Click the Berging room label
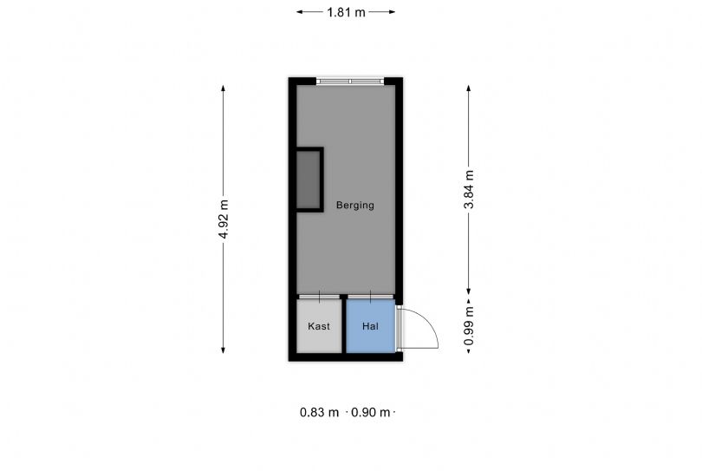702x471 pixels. tap(355, 206)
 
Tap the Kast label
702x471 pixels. tap(319, 326)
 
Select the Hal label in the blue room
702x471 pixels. tap(370, 326)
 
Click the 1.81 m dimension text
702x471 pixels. tap(346, 12)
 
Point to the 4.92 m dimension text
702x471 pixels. tap(224, 219)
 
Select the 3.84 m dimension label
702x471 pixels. tap(469, 190)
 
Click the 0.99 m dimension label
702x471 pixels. tap(469, 326)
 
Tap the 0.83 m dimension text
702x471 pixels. tap(319, 412)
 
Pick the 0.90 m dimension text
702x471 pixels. tap(370, 412)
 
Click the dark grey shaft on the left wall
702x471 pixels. tap(309, 180)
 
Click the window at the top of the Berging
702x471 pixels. tap(350, 82)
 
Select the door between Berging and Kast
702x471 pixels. tap(319, 297)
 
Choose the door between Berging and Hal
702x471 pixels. tap(370, 297)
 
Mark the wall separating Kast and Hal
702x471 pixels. tap(344, 324)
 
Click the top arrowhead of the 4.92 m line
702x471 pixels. tap(223, 88)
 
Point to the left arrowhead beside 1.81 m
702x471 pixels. tap(300, 12)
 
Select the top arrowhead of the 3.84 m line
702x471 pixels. tap(469, 88)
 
